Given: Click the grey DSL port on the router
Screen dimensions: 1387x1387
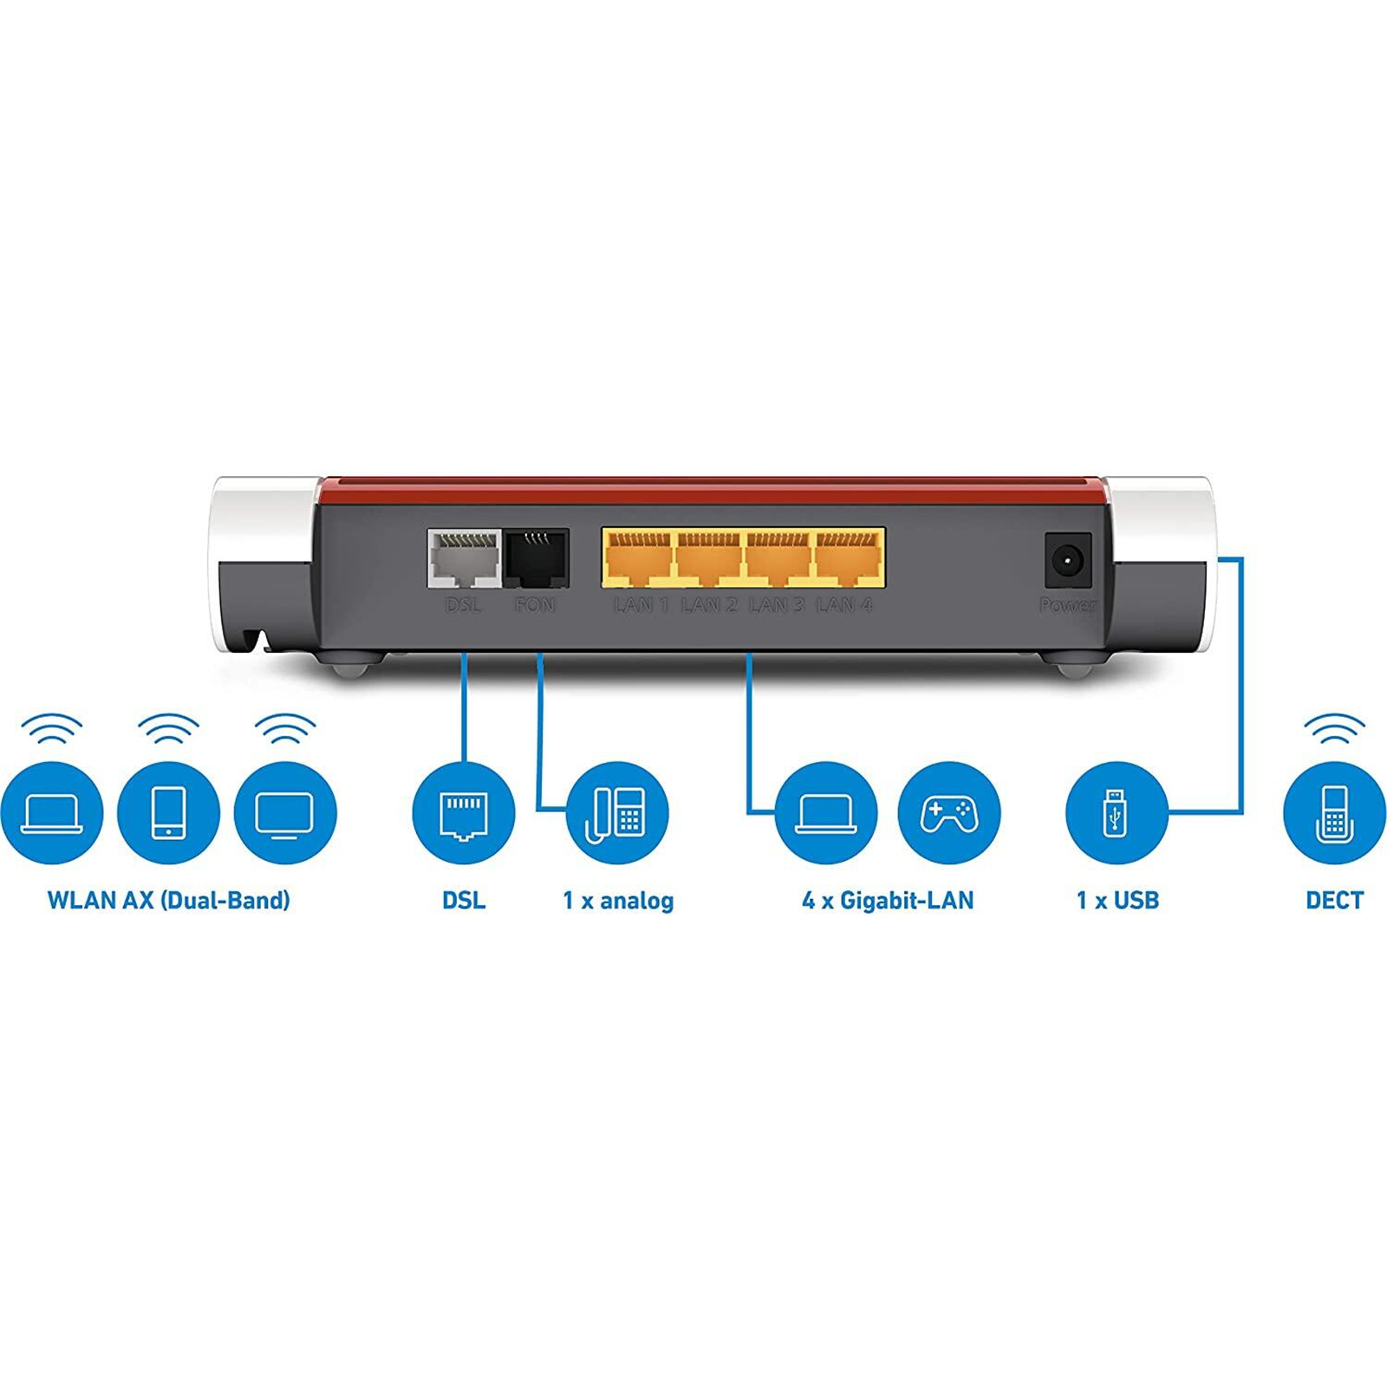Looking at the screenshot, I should click(465, 559).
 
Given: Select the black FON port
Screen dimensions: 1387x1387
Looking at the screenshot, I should click(537, 559).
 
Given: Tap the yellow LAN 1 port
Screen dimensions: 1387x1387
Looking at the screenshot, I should click(639, 559).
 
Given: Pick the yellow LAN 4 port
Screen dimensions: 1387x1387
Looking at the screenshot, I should click(849, 559).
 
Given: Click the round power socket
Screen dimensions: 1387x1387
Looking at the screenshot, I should click(1068, 561).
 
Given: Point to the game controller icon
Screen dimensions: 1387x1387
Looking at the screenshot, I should click(949, 813).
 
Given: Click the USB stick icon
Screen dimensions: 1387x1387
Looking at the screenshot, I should click(1116, 813).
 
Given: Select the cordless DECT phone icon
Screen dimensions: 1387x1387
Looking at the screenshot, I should click(1333, 813).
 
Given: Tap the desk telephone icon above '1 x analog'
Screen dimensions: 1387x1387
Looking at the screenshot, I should click(617, 813).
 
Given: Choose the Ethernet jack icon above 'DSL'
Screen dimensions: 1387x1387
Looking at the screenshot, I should click(464, 813).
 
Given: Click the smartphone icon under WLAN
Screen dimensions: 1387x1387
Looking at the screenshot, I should click(168, 813).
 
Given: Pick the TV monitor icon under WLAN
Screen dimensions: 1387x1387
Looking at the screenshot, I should click(284, 813).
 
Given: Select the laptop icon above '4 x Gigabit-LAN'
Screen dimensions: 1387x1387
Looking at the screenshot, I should click(826, 813).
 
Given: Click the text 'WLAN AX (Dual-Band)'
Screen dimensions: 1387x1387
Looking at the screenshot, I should click(169, 900).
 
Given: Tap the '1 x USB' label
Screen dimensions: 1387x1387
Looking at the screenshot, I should click(1117, 900).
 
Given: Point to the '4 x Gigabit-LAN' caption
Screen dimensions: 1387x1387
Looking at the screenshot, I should click(888, 900).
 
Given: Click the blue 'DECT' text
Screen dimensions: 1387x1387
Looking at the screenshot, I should click(1334, 900).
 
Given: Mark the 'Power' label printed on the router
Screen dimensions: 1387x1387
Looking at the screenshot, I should click(1068, 605).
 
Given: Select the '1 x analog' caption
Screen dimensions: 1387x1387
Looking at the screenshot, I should click(618, 900).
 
